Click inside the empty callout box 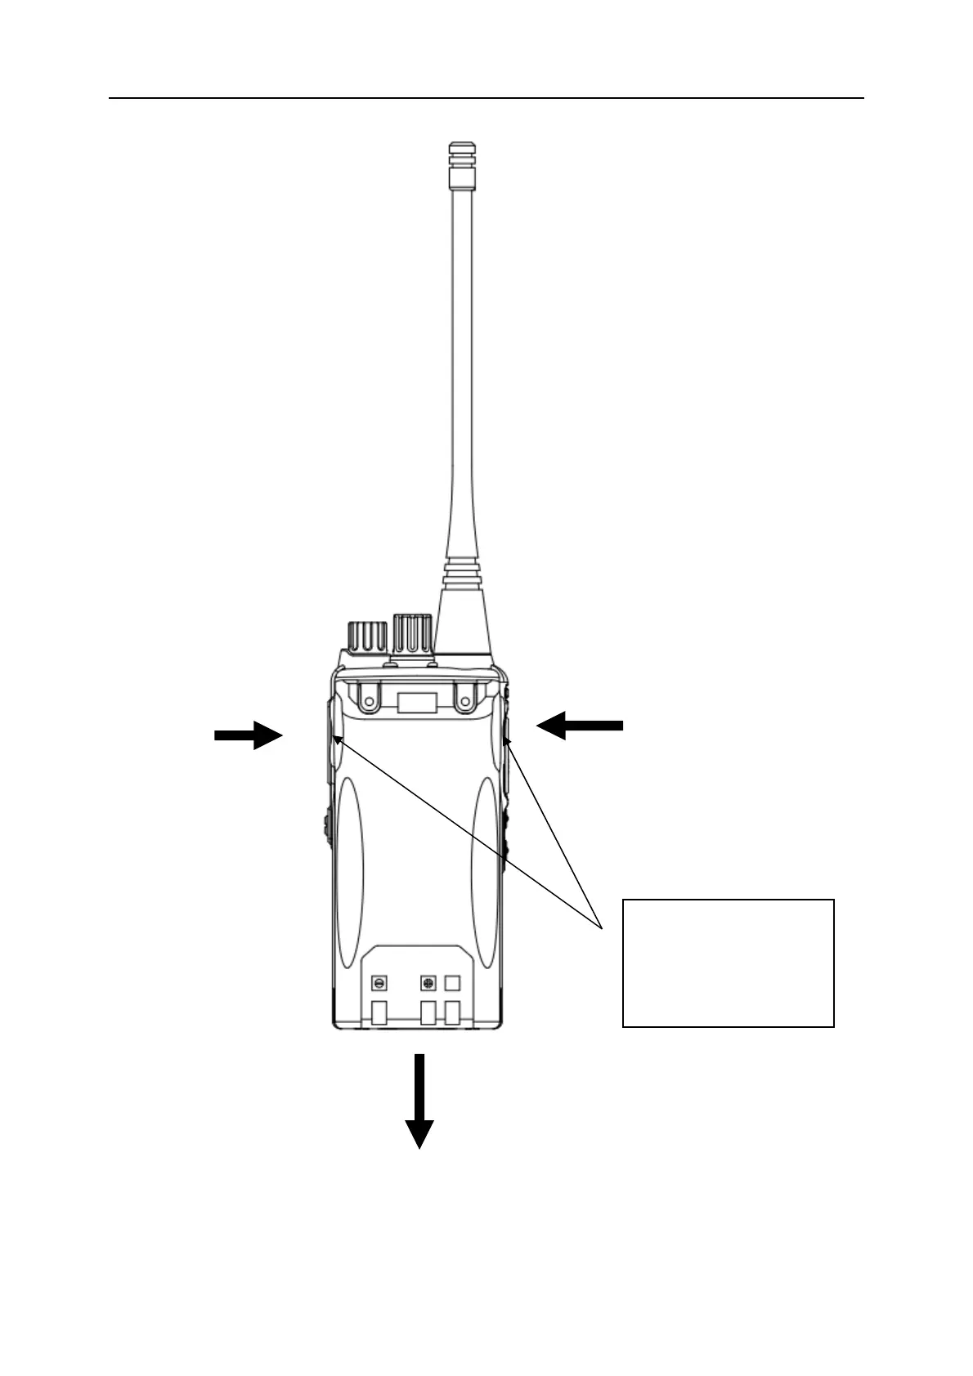coord(728,963)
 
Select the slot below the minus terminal coord(379,1014)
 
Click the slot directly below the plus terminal coord(428,1014)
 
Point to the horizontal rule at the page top coord(486,99)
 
